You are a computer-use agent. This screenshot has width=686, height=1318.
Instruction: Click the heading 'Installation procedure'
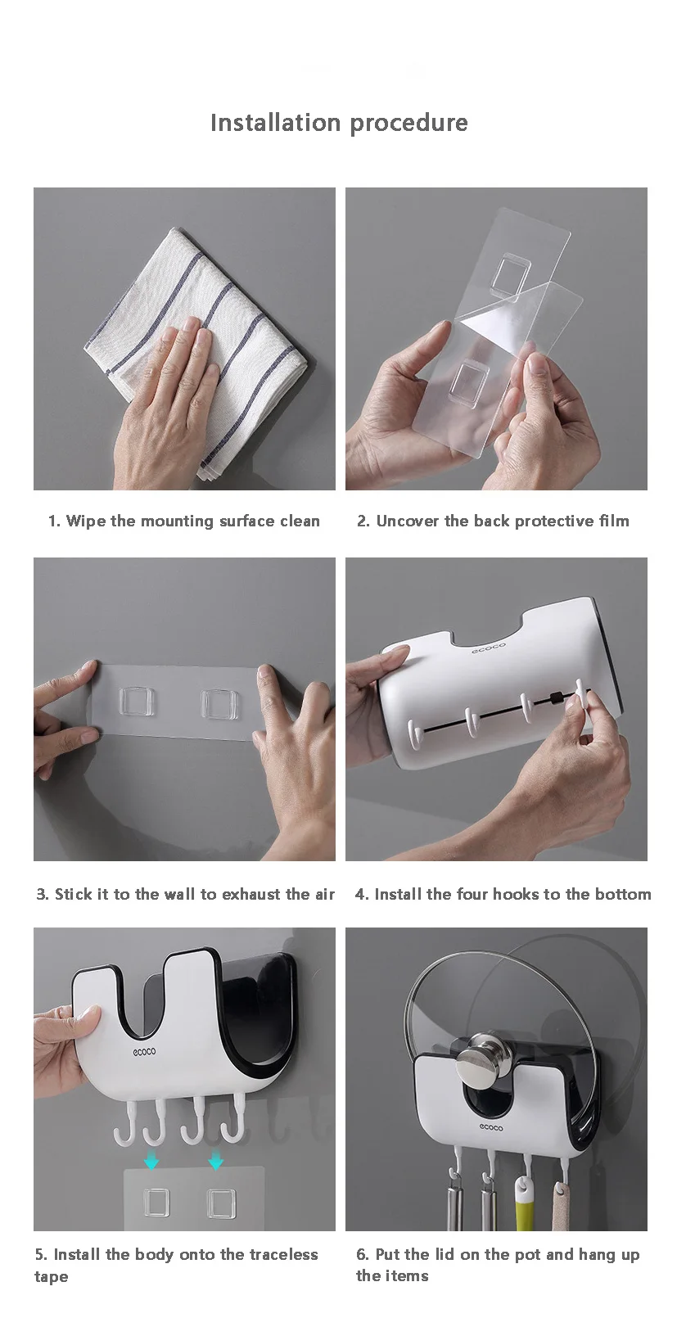coord(339,123)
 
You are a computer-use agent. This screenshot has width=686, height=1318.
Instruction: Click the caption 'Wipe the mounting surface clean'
coord(193,521)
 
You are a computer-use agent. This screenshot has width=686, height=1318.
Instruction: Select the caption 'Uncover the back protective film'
coord(503,521)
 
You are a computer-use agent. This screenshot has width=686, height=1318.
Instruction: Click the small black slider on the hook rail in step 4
coord(554,698)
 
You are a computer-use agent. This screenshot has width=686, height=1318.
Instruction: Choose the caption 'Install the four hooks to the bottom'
coord(512,894)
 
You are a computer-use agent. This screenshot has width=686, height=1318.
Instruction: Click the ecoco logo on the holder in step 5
coord(144,1051)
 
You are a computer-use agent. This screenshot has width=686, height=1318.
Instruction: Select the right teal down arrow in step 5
coord(216,1161)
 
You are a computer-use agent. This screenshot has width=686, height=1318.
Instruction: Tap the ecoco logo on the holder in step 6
coord(490,1126)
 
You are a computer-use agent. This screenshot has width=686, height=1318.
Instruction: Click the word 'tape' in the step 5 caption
coord(52,1277)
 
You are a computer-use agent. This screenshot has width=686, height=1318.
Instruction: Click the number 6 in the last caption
coord(361,1254)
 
